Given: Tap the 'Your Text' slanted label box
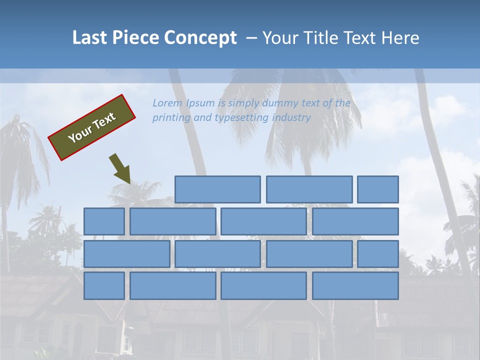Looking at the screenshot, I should [x=92, y=127].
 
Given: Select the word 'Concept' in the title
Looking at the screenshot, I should [x=201, y=38].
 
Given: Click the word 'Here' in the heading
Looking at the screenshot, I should [x=400, y=38].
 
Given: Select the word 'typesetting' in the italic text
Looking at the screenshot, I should [x=242, y=118].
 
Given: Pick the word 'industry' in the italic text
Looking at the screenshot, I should [x=291, y=118].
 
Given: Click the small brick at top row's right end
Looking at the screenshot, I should [x=378, y=189].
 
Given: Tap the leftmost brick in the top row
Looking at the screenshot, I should [x=217, y=189].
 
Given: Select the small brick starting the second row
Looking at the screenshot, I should [x=104, y=221].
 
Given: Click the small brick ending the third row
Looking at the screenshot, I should [x=378, y=254].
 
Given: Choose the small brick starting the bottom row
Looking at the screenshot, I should [x=104, y=286].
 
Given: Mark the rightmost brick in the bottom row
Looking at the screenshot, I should [x=355, y=286].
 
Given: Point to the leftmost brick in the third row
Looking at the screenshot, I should [x=126, y=254].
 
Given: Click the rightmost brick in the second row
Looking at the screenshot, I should [x=355, y=221].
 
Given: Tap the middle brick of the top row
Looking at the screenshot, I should [x=309, y=189].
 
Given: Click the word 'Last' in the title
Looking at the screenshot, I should [x=90, y=38].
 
